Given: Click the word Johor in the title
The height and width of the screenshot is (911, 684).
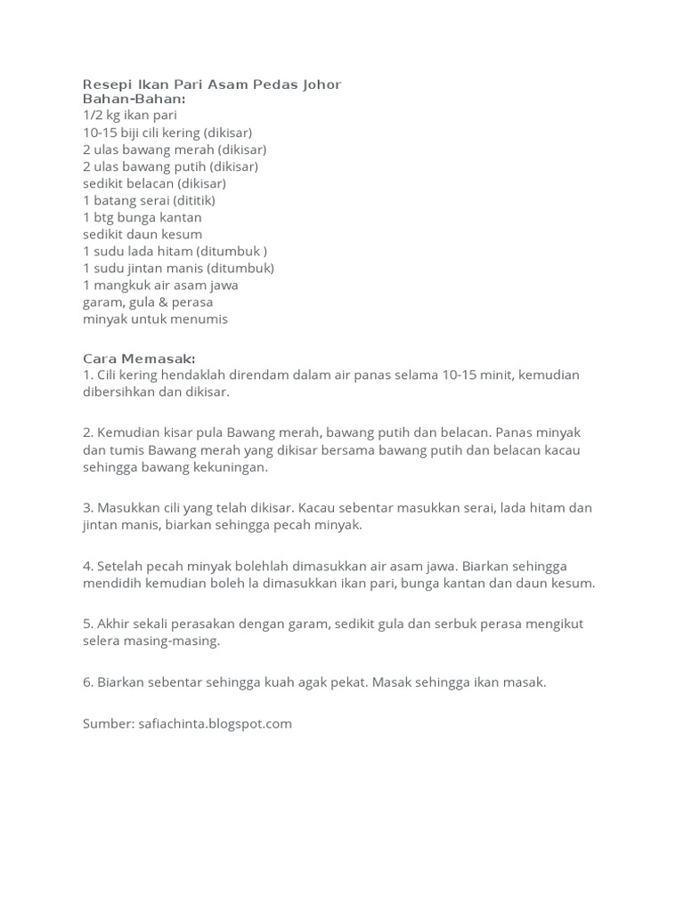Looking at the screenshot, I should click(x=322, y=85).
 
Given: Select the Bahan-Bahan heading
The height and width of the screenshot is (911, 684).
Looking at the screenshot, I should click(x=134, y=99).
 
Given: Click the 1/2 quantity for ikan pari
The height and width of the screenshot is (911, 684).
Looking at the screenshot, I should click(x=93, y=116).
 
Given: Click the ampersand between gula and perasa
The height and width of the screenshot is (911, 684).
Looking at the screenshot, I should click(x=166, y=302).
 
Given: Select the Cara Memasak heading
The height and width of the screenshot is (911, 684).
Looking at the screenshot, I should click(x=139, y=359).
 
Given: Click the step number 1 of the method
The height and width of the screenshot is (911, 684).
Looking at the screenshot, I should click(x=87, y=375).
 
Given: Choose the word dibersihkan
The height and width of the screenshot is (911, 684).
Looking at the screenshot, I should click(x=127, y=392).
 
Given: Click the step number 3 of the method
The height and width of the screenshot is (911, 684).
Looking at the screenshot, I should click(x=87, y=508).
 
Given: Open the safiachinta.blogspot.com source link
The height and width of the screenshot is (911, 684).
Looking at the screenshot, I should click(x=216, y=724).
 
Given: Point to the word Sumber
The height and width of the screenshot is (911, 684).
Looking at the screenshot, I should click(x=108, y=724).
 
